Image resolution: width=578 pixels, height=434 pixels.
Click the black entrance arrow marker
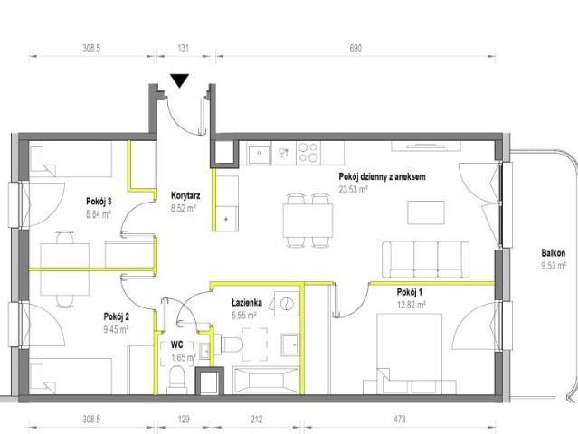coord(179,80)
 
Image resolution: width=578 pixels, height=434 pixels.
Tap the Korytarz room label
coord(185,195)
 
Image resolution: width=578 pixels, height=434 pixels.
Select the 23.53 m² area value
coord(353,190)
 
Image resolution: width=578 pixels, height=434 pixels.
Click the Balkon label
coord(554,253)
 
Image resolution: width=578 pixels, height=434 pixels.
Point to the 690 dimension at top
coord(355,48)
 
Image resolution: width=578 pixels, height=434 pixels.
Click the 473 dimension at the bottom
coord(400,419)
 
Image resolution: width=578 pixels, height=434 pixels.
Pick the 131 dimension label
coord(184,48)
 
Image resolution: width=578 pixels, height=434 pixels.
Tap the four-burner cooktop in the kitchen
coord(308,153)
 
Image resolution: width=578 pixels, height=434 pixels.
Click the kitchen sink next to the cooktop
coord(259,154)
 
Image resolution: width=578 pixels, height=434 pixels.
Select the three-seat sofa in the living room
coord(425,259)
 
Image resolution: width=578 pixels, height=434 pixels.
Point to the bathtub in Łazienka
coord(265,381)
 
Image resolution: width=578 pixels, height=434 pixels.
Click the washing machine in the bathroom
coord(287,304)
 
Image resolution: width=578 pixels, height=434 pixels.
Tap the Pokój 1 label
coord(409,293)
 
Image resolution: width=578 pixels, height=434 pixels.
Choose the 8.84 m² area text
coord(99,214)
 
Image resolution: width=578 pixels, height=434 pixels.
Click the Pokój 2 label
coord(116,316)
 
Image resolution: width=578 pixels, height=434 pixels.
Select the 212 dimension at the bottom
coord(257,419)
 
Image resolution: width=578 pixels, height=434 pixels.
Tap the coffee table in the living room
coord(426,212)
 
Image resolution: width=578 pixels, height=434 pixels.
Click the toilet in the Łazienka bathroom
coord(228,344)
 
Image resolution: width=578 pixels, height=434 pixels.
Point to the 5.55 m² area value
coord(243,316)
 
